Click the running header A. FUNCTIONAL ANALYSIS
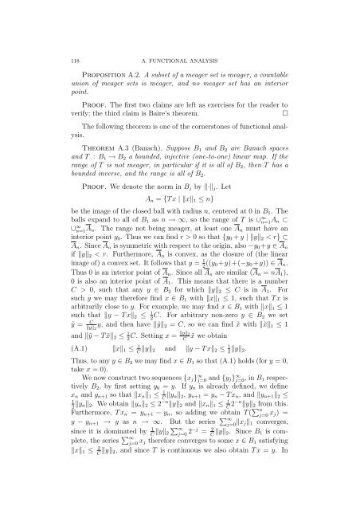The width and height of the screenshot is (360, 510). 179,25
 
